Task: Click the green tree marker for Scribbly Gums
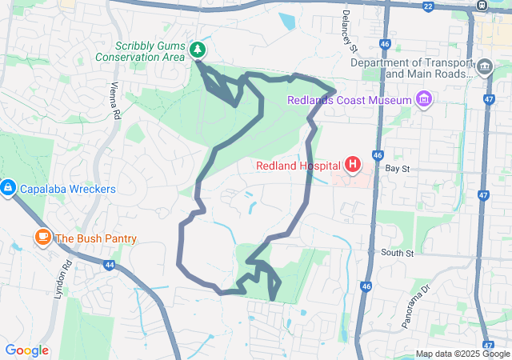coord(197,50)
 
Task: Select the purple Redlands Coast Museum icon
coord(424,100)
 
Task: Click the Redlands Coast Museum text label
coord(350,100)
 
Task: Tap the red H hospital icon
coord(353,166)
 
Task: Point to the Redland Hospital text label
coord(298,166)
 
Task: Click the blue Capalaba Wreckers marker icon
coord(7,189)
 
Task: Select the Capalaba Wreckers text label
coord(68,190)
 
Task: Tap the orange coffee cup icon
coord(42,238)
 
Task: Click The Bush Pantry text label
coord(95,238)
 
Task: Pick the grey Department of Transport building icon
coord(485,67)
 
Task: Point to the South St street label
coord(397,253)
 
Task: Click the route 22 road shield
coord(428,6)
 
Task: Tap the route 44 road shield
coord(109,264)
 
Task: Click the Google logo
coord(26,350)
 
